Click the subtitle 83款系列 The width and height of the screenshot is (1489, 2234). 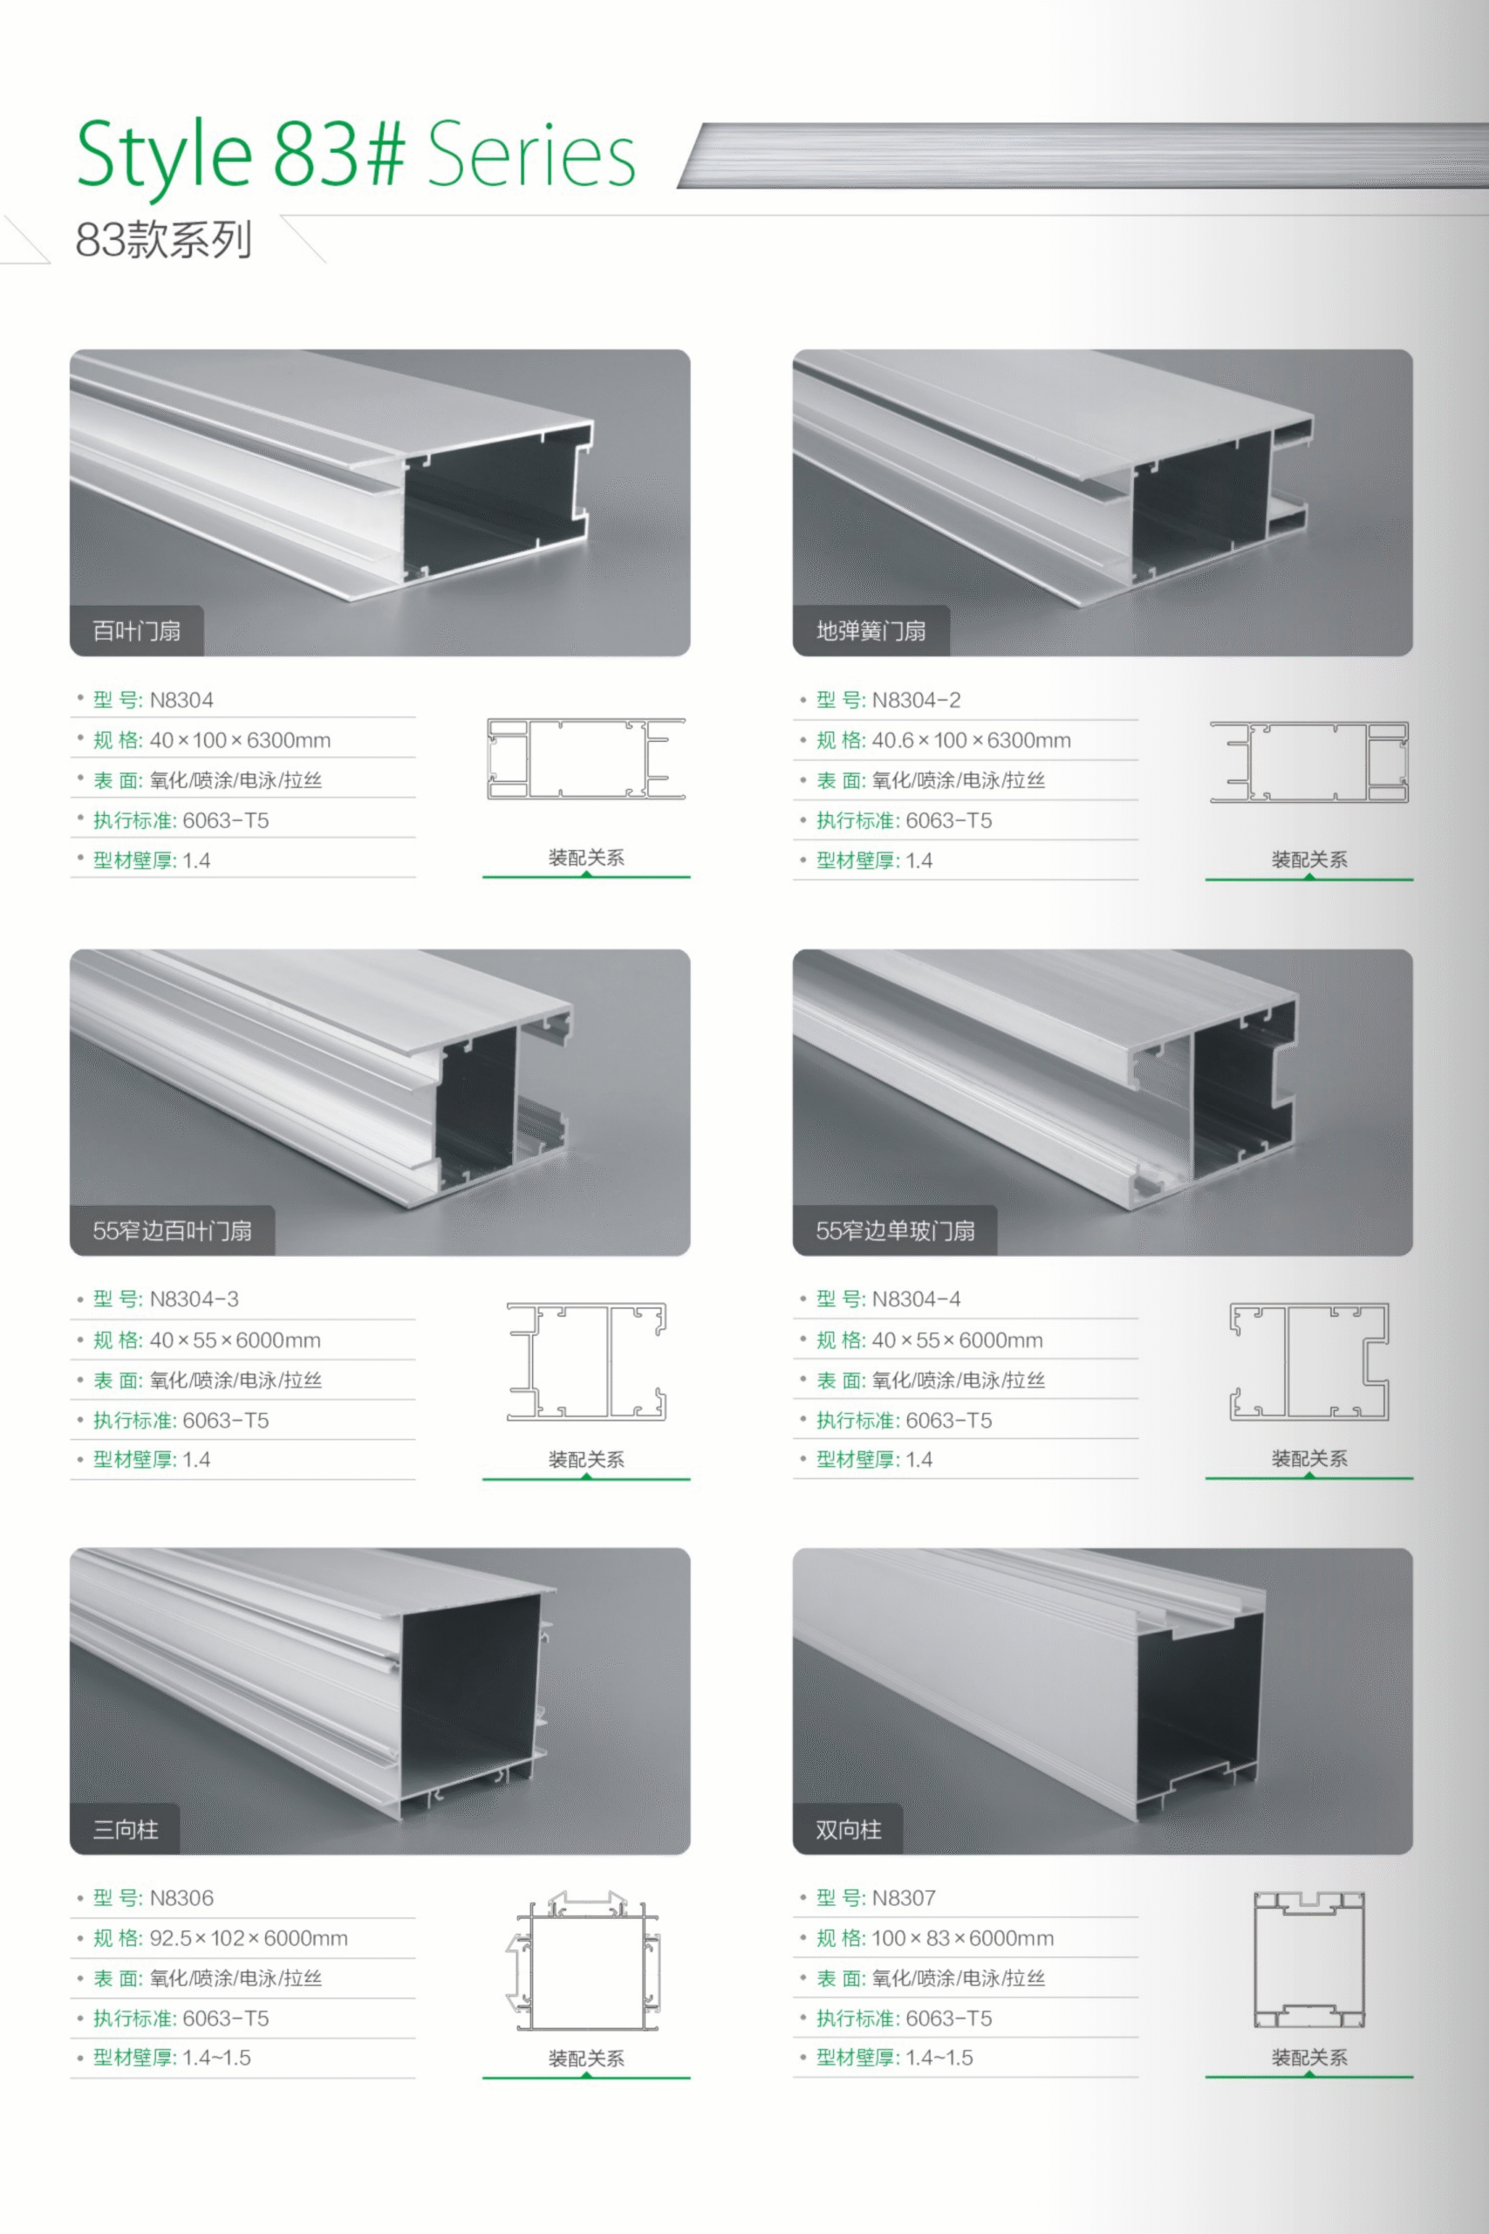pos(163,239)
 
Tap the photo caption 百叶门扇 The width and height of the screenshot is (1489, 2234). pos(137,631)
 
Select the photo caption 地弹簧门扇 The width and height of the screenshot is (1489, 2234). pos(871,631)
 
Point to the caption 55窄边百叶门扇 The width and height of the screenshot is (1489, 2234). pos(172,1231)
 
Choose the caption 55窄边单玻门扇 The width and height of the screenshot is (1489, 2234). pos(896,1231)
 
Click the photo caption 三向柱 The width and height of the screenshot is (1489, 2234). pos(126,1829)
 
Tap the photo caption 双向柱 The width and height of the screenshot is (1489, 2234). pos(849,1829)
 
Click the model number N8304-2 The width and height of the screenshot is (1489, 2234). pos(917,700)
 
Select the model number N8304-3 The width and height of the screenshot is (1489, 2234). pos(194,1299)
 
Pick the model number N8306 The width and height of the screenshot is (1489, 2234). pos(181,1898)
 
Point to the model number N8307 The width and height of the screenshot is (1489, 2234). pos(904,1898)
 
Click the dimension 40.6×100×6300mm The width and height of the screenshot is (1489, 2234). pos(972,740)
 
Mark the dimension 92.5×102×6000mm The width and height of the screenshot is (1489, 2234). pos(249,1937)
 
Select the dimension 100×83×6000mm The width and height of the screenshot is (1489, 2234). pos(963,1937)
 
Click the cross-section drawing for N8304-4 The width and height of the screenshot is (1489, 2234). pos(1308,1361)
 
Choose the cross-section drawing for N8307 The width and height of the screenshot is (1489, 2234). pos(1308,1959)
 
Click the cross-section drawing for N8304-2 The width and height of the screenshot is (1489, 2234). pos(1308,762)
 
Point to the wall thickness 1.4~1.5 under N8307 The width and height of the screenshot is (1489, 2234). pos(939,2058)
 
